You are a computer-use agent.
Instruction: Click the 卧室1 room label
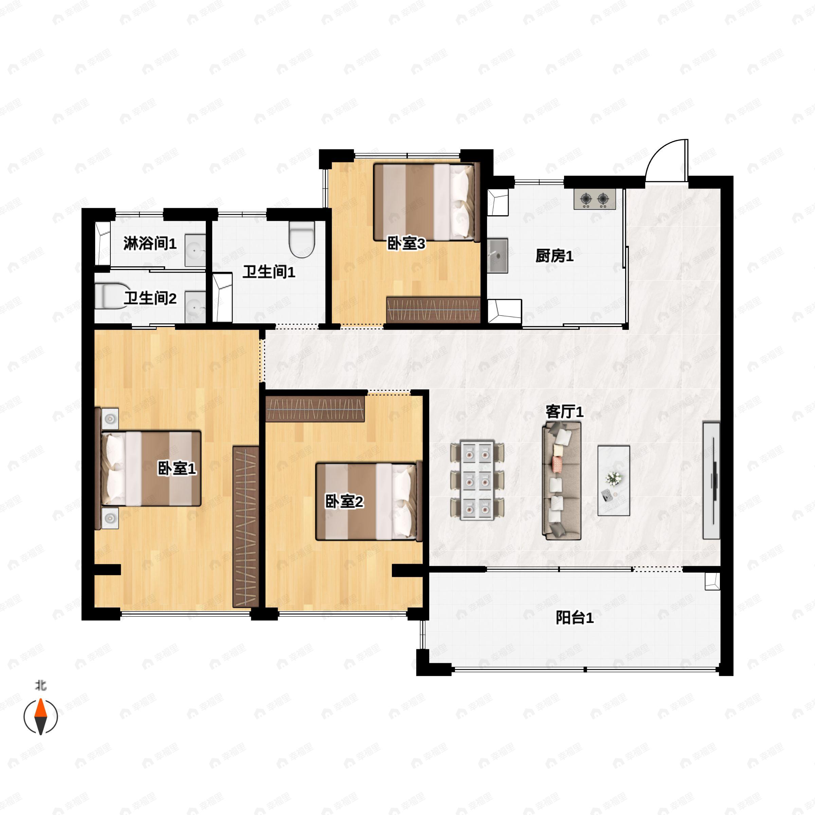click(177, 468)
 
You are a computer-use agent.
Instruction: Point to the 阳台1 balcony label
click(575, 618)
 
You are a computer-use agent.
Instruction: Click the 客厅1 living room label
click(564, 412)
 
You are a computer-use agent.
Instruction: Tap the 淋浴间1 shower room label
click(150, 243)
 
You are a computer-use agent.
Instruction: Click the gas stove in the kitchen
click(594, 199)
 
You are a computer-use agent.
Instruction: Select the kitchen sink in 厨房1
click(498, 256)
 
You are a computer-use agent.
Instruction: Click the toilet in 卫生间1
click(302, 240)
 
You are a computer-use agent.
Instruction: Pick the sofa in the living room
click(561, 481)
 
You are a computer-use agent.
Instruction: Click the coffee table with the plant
click(614, 481)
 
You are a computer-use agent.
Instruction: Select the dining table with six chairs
click(477, 481)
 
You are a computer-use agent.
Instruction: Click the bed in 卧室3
click(427, 202)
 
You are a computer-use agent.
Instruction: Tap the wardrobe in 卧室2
click(315, 409)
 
